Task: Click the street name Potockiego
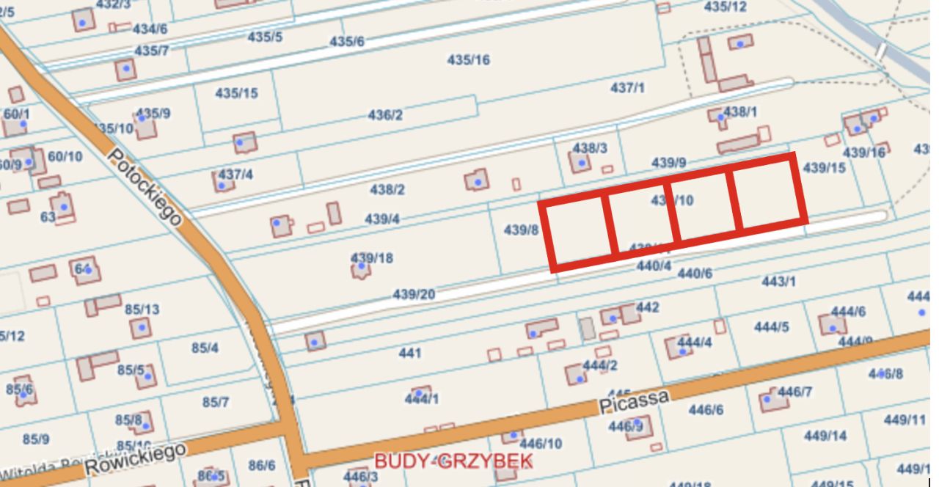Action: [x=145, y=188]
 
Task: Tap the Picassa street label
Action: [x=634, y=402]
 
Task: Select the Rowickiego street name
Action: [x=136, y=459]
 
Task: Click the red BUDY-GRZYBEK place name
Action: [x=453, y=461]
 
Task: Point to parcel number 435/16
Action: [x=469, y=60]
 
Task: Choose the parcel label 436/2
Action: [x=385, y=115]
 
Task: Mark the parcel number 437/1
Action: [x=627, y=88]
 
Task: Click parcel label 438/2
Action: [x=387, y=190]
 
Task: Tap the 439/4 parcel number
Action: [x=382, y=219]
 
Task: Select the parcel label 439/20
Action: [x=414, y=294]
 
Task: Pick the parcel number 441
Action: [x=410, y=354]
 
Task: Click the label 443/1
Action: [x=778, y=281]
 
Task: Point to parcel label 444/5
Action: [x=771, y=327]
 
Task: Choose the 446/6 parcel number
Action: [x=706, y=410]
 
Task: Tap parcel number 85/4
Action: [x=205, y=348]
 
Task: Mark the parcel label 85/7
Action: [x=216, y=402]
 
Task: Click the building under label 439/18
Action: [x=360, y=271]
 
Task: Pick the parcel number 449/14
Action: [x=825, y=436]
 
